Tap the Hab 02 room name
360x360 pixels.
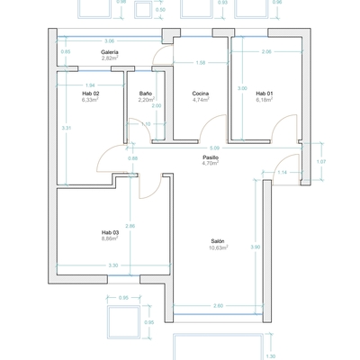click(90, 94)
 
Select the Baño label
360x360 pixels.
click(146, 94)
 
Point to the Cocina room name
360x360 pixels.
click(201, 94)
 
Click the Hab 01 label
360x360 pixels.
click(264, 94)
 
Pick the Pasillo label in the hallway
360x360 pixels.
click(211, 157)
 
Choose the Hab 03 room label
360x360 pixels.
click(110, 232)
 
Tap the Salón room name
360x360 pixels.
click(218, 241)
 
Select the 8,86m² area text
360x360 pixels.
click(110, 238)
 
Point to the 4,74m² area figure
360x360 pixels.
click(201, 100)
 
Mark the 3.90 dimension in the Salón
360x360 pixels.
click(256, 247)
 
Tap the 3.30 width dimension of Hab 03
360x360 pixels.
click(112, 265)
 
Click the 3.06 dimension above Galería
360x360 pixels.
click(110, 41)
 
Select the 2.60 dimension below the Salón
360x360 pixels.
click(218, 307)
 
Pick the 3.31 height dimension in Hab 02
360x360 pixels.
click(67, 128)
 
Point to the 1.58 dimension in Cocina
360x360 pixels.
click(202, 63)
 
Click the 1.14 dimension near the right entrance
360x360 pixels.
click(282, 172)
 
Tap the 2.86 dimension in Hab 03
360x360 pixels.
click(130, 225)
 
